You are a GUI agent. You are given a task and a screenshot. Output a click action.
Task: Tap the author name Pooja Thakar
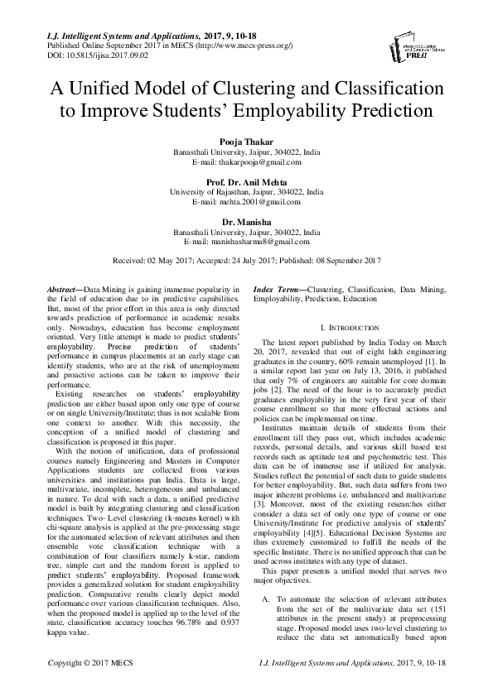click(246, 143)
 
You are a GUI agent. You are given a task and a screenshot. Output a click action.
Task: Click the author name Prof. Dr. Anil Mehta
click(246, 181)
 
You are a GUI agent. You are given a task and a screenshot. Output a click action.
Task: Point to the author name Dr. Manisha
click(246, 221)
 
